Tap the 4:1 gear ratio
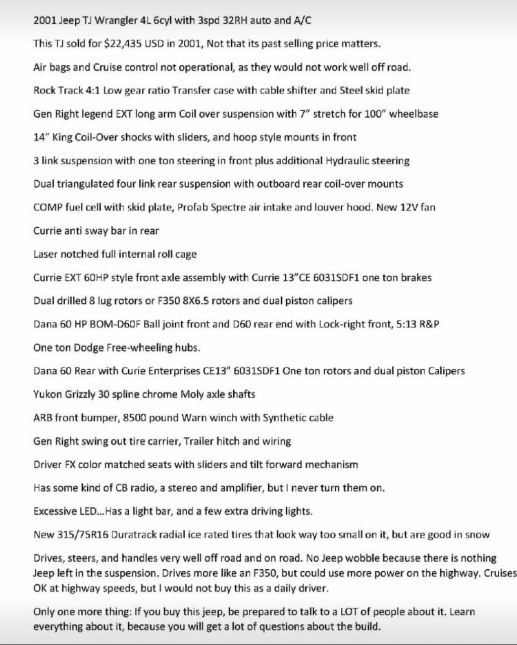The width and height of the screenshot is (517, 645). (93, 91)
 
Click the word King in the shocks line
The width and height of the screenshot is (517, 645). (63, 137)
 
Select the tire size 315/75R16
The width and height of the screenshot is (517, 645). (84, 535)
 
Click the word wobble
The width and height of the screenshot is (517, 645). (363, 559)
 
